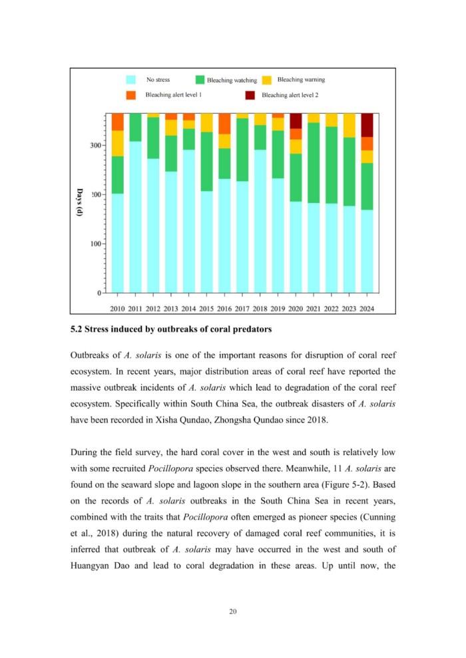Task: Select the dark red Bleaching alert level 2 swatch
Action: point(250,95)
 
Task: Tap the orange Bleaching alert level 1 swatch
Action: point(131,95)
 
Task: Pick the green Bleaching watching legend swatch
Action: point(200,80)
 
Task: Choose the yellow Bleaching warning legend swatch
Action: point(266,80)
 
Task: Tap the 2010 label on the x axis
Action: point(117,308)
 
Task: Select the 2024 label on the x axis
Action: point(367,308)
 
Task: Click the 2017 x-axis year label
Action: point(242,308)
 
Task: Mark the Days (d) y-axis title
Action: point(79,202)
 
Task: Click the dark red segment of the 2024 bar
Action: point(367,124)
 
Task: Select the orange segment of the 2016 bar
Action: point(224,124)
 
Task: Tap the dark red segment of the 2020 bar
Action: point(296,120)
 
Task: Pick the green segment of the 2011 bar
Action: point(135,127)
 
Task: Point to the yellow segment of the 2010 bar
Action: point(117,143)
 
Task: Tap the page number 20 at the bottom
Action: point(233,611)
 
